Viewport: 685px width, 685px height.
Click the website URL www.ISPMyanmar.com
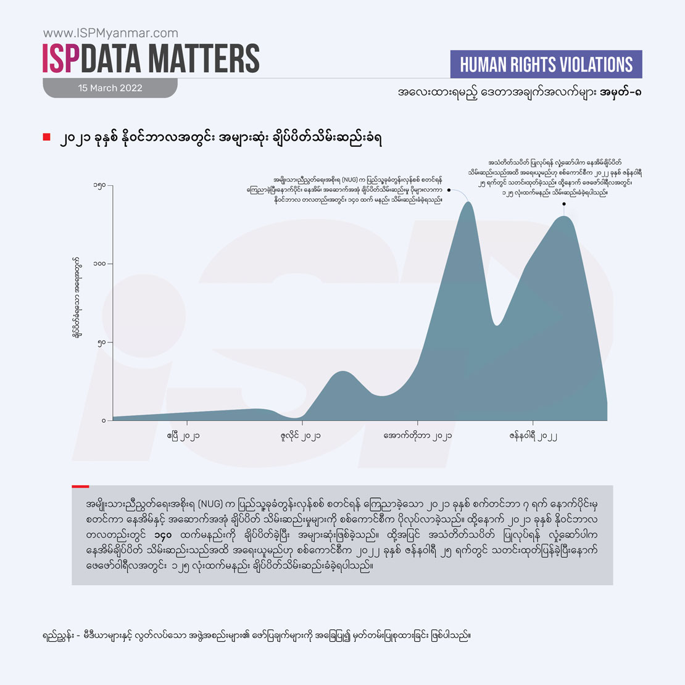pyautogui.click(x=110, y=33)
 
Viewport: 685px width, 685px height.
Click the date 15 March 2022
pyautogui.click(x=110, y=88)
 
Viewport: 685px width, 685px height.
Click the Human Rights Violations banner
pyautogui.click(x=547, y=65)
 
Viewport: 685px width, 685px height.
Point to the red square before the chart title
pyautogui.click(x=46, y=137)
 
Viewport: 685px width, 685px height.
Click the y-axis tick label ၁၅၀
pyautogui.click(x=99, y=185)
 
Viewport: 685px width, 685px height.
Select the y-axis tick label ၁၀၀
pyautogui.click(x=99, y=264)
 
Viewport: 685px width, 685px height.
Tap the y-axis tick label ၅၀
pyautogui.click(x=102, y=342)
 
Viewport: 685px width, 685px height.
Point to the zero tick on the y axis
pyautogui.click(x=104, y=421)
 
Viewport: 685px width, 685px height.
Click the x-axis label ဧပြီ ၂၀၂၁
pyautogui.click(x=183, y=436)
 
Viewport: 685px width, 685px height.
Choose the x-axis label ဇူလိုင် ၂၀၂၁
pyautogui.click(x=300, y=436)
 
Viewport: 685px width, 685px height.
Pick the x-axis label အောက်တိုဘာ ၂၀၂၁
pyautogui.click(x=417, y=436)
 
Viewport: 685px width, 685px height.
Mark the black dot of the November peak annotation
pyautogui.click(x=449, y=190)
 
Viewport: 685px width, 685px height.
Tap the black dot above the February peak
pyautogui.click(x=564, y=203)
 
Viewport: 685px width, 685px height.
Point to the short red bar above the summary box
pyautogui.click(x=80, y=486)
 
